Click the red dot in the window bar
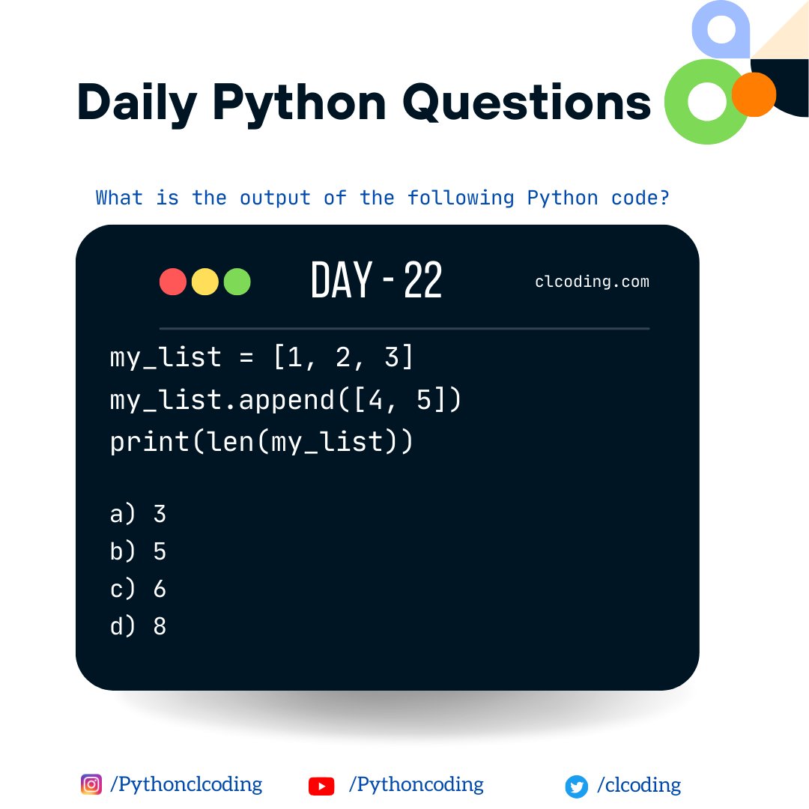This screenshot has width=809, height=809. click(x=173, y=282)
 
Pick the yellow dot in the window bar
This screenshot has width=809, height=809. click(x=205, y=282)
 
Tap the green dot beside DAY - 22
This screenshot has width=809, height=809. click(x=237, y=282)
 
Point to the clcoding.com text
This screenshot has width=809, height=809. click(x=592, y=282)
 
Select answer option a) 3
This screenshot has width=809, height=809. click(x=138, y=514)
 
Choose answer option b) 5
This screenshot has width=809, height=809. click(x=138, y=551)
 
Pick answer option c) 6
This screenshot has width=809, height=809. click(x=138, y=589)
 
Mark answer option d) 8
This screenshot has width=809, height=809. click(x=138, y=626)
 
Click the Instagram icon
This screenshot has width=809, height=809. click(x=91, y=784)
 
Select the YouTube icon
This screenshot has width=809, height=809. click(x=321, y=786)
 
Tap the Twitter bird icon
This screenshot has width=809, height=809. click(x=576, y=787)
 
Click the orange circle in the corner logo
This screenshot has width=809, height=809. click(x=753, y=94)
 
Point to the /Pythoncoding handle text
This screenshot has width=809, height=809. click(x=416, y=784)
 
